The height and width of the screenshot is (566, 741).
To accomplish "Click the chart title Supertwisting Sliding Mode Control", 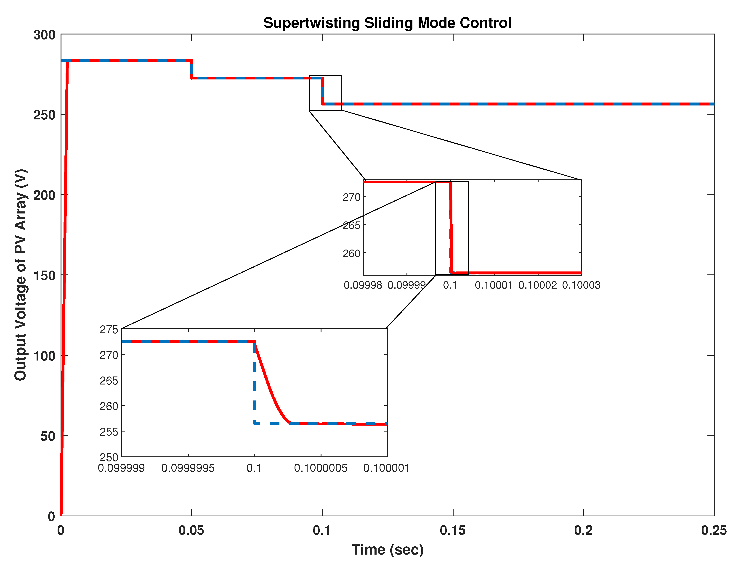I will [387, 23].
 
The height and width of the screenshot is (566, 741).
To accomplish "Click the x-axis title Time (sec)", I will [387, 550].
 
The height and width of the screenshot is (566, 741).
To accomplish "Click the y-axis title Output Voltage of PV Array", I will [21, 275].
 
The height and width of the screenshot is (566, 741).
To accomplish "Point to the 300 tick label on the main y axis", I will [45, 35].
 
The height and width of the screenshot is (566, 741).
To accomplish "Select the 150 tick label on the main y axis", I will [45, 276].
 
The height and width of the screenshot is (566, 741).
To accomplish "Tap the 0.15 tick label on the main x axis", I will [453, 530].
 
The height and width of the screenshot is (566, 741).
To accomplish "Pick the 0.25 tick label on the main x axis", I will [714, 530].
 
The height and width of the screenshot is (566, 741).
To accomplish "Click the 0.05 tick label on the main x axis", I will [191, 530].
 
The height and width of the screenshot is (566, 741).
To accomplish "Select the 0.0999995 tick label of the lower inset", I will [188, 468].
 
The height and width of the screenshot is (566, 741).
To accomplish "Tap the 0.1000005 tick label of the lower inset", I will [321, 468].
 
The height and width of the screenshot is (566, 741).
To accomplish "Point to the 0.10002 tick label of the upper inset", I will [537, 285].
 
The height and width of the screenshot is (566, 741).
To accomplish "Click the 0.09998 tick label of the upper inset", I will [363, 285].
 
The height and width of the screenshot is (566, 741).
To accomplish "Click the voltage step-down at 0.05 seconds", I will [191, 69].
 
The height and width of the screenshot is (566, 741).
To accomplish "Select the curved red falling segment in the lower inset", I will [270, 387].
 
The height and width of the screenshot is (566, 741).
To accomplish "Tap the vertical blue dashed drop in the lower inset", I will [255, 384].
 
